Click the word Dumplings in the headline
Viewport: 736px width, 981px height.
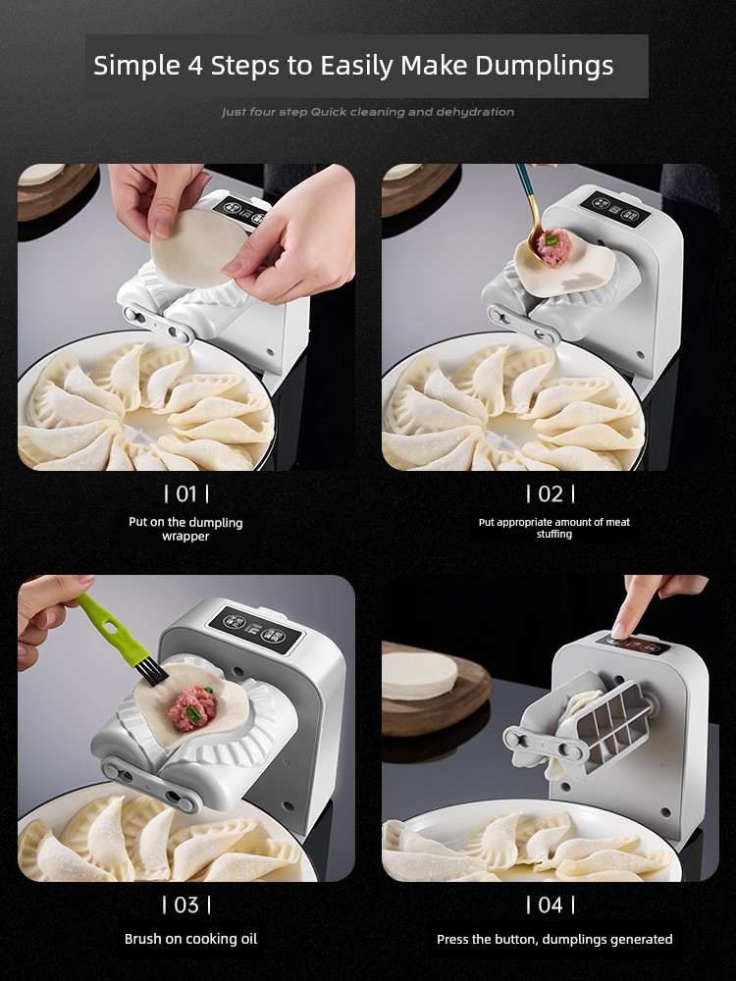(x=544, y=66)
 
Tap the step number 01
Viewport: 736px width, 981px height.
(x=185, y=494)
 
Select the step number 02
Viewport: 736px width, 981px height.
(x=551, y=494)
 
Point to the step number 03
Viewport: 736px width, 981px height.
(x=185, y=904)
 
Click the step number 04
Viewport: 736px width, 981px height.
(x=551, y=904)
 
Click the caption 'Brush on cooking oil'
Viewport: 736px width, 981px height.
(x=191, y=939)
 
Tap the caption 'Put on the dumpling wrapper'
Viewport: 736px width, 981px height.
(x=185, y=529)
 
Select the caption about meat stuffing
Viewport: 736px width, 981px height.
(x=553, y=528)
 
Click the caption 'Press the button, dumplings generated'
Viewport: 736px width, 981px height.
(x=554, y=939)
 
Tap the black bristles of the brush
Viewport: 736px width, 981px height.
(x=152, y=673)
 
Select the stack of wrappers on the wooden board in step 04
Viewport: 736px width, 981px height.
(x=419, y=676)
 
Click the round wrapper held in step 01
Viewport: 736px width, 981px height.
(x=197, y=248)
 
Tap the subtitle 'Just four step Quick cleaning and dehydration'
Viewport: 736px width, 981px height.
(x=368, y=112)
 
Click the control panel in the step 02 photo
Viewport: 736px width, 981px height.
(x=615, y=207)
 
